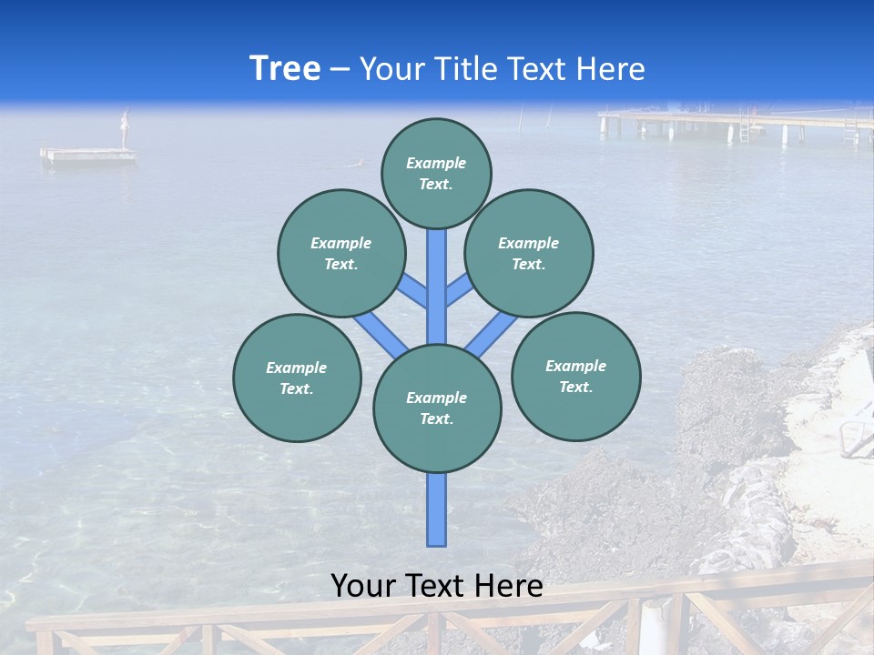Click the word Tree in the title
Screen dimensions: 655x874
(285, 69)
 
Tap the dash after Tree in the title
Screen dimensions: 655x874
(340, 70)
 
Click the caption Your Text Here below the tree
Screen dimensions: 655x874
(436, 586)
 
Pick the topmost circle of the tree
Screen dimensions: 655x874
(436, 173)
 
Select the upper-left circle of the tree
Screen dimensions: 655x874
(341, 253)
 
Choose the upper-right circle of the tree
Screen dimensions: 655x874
(529, 253)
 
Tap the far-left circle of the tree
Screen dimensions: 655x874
(297, 378)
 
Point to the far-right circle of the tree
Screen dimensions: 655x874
(575, 376)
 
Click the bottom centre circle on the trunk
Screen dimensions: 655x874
(437, 408)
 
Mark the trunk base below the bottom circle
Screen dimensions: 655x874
(437, 509)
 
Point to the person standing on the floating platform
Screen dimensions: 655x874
(127, 128)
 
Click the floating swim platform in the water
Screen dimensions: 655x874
(88, 156)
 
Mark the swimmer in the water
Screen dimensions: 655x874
(359, 163)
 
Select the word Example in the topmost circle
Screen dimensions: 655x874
(436, 163)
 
